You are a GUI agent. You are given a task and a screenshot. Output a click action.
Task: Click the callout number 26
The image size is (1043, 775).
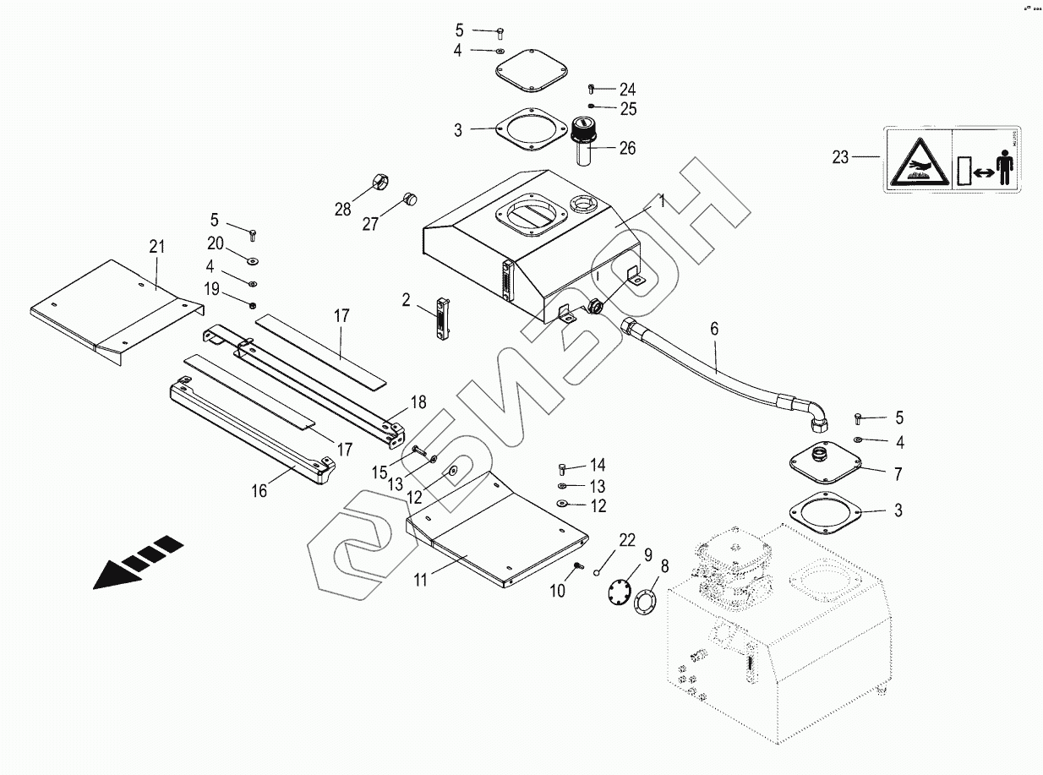click(x=627, y=150)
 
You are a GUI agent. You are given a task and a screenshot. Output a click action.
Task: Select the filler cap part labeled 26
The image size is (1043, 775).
click(x=581, y=139)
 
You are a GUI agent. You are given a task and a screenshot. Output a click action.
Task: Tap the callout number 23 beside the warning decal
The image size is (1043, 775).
click(x=839, y=157)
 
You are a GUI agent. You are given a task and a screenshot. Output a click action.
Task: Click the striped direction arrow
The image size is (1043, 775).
click(x=139, y=561)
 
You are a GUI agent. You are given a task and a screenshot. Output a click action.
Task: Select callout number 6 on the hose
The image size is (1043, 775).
click(x=715, y=330)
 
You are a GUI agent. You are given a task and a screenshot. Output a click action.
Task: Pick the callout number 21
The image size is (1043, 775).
click(x=156, y=247)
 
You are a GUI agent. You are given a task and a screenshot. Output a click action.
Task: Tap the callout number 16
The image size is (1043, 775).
click(x=259, y=491)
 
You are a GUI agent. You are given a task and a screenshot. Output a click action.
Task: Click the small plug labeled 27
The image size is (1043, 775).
click(x=411, y=199)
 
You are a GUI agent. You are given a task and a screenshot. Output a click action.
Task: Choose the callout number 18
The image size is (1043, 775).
click(x=418, y=401)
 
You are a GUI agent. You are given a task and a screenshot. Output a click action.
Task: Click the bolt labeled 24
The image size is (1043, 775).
click(x=592, y=88)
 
